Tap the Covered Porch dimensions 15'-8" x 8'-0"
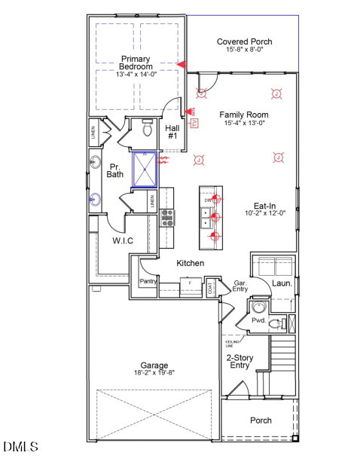point(244,50)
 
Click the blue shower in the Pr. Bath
point(145,170)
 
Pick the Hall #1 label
point(172,132)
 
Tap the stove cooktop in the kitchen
point(167,218)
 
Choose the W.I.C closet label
point(123,240)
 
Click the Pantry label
point(148,281)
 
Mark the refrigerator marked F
point(190,283)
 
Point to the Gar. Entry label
point(240,285)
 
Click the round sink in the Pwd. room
point(258,307)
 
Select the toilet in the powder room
point(276,324)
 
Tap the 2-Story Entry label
point(239,361)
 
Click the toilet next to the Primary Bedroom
point(148,128)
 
